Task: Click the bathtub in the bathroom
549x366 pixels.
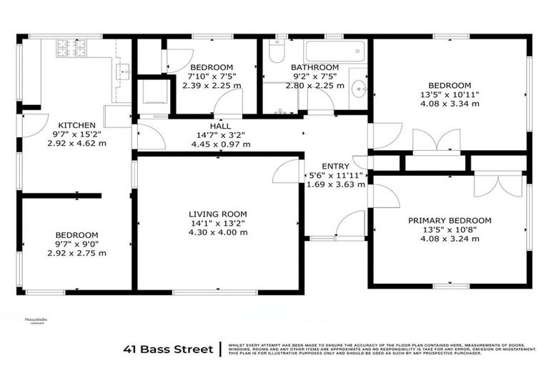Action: [x=335, y=51]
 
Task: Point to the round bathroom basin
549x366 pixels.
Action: [x=359, y=89]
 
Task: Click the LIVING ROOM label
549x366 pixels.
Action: [x=217, y=214]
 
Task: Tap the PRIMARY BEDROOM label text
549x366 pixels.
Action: [x=450, y=220]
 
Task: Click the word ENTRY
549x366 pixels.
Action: [x=335, y=166]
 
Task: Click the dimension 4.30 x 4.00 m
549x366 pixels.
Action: [x=217, y=232]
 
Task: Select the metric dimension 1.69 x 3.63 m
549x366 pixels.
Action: [x=335, y=184]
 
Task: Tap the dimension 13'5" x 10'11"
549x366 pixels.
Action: [x=450, y=94]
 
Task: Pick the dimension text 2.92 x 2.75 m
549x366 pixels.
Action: [x=76, y=253]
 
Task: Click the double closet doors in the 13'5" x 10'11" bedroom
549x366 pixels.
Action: [x=437, y=141]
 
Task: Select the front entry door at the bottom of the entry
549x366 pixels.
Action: [x=350, y=225]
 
